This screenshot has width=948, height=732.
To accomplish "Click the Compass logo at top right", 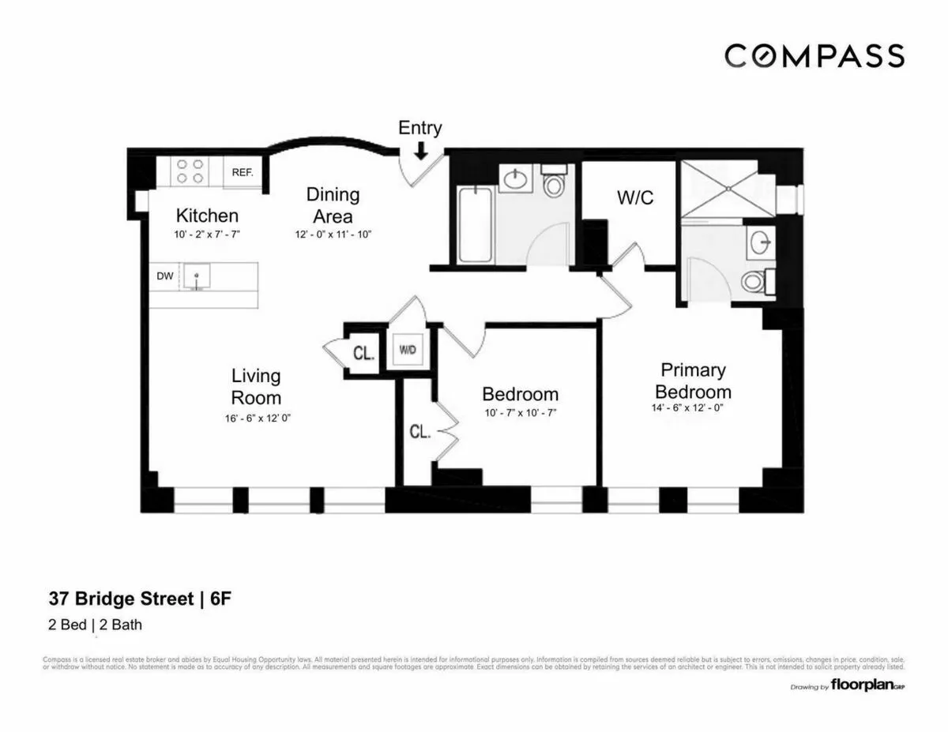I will click(814, 56).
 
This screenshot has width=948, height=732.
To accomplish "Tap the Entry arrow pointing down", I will click(420, 149).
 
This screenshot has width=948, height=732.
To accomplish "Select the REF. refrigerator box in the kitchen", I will click(242, 172).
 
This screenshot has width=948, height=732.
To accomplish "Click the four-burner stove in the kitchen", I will click(190, 172).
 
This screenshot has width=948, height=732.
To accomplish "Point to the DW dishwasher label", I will click(164, 276).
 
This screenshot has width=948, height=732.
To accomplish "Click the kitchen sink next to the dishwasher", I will click(196, 276).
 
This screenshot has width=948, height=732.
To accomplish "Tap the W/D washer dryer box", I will click(408, 350).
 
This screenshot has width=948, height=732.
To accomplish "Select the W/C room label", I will click(635, 197).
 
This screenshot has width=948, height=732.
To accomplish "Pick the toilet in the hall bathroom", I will click(555, 184).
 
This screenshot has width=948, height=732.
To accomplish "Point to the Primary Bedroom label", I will click(693, 381).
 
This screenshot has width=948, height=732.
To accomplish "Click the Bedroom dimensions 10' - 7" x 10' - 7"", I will click(521, 413).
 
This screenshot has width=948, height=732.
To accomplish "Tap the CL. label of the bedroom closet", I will click(418, 432).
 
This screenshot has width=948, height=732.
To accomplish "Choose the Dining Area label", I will click(333, 205).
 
